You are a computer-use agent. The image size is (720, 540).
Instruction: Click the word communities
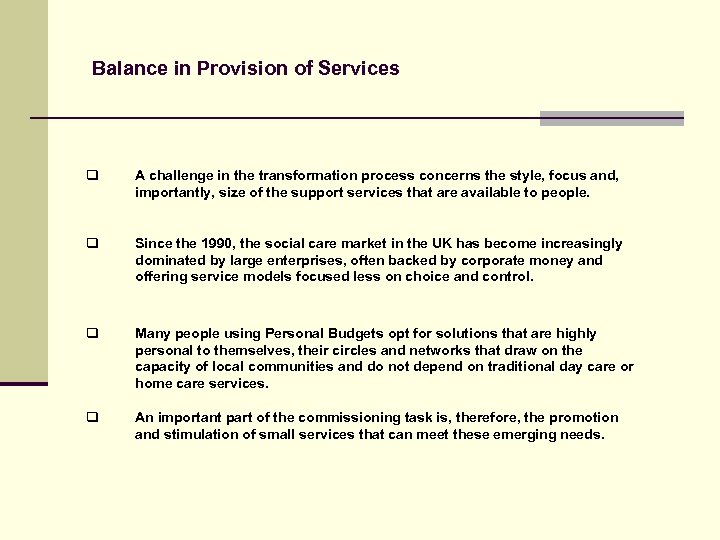tap(291, 367)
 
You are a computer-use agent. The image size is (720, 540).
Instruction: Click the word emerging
tap(519, 435)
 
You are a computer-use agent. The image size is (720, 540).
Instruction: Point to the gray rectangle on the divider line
tap(611, 118)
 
